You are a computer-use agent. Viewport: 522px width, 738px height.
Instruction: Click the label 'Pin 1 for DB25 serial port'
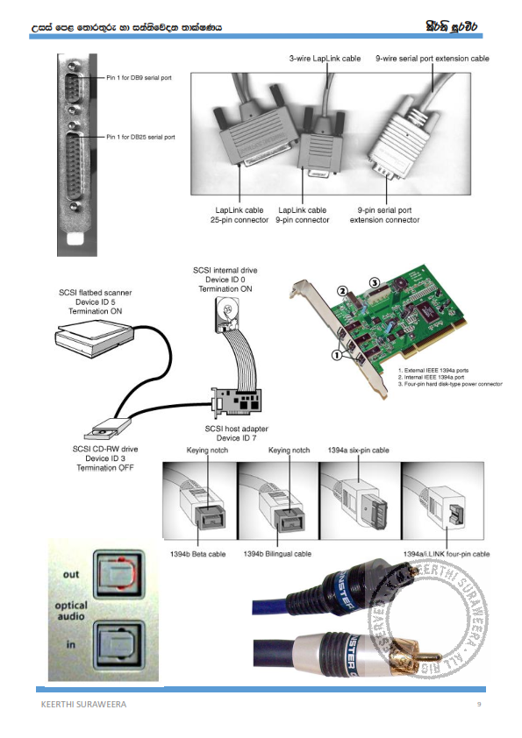tap(141, 137)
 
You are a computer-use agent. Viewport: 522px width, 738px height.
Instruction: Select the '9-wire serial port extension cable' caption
tap(432, 58)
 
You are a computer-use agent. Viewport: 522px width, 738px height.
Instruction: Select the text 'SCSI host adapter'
tap(234, 427)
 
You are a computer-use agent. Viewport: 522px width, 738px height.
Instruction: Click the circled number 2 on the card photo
tap(344, 290)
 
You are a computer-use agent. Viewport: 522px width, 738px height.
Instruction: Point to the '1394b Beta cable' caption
tap(196, 554)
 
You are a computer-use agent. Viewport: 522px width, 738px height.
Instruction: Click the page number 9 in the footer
tap(478, 705)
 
